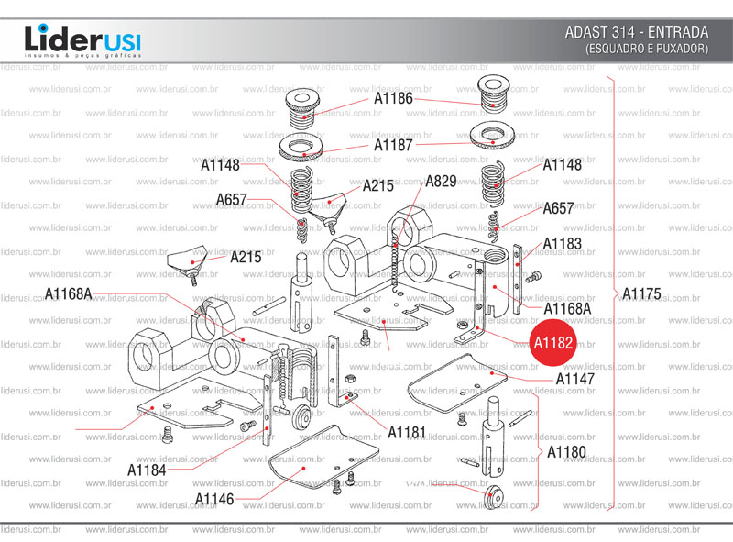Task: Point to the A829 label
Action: (x=441, y=182)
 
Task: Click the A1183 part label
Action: (x=562, y=244)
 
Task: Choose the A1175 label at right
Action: (x=640, y=294)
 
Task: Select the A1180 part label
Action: (x=566, y=452)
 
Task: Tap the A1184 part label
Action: (x=147, y=470)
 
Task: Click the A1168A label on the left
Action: (x=70, y=293)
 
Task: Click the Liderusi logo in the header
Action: (x=82, y=40)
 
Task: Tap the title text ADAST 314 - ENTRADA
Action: (x=637, y=32)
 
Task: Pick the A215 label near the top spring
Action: (x=377, y=185)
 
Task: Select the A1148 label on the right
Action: (x=562, y=166)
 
